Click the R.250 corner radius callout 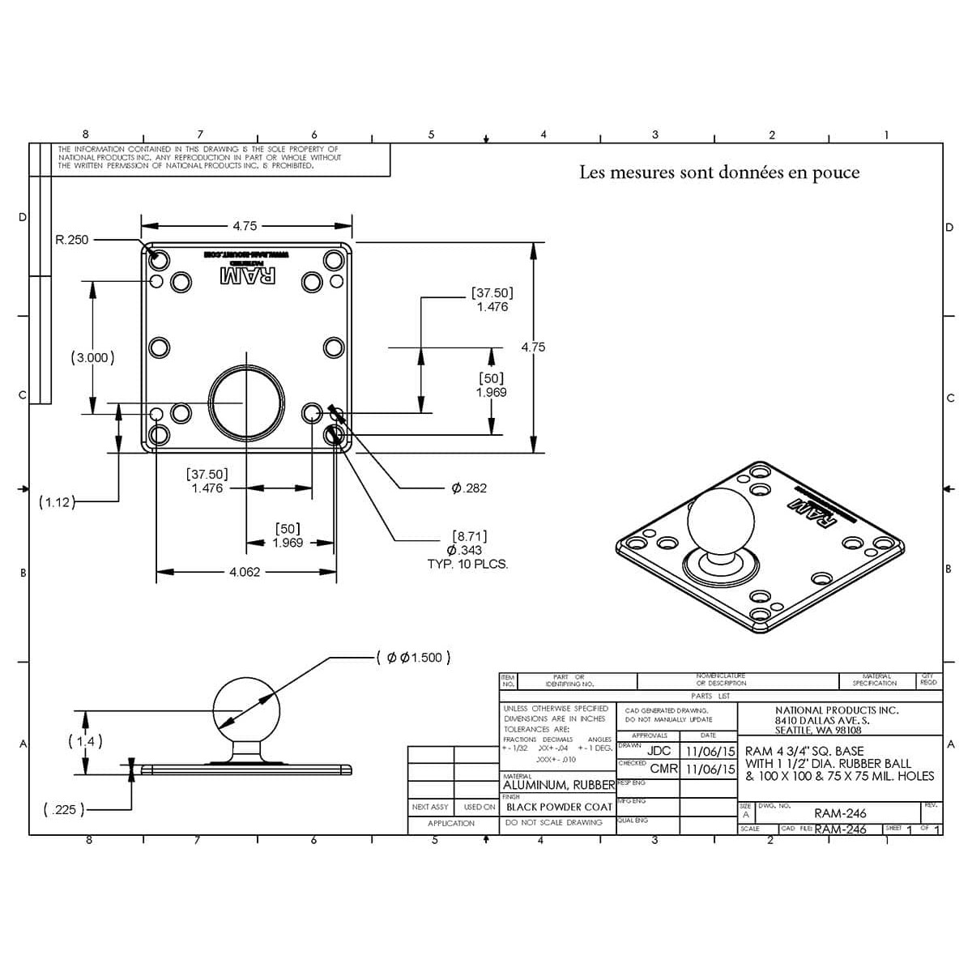coord(72,240)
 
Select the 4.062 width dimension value coord(245,572)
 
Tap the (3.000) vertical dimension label coord(93,357)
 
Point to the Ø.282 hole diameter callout coord(469,488)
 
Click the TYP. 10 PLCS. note coord(467,564)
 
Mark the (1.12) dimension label coord(56,502)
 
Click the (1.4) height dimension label coord(85,741)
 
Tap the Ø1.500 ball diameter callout coord(414,657)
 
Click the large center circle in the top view coord(247,400)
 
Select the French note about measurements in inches coord(719,173)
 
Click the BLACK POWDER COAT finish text coord(559,807)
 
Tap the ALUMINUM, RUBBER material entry coord(559,785)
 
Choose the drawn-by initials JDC coord(659,751)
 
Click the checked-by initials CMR coord(663,768)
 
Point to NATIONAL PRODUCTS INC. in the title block coord(837,710)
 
